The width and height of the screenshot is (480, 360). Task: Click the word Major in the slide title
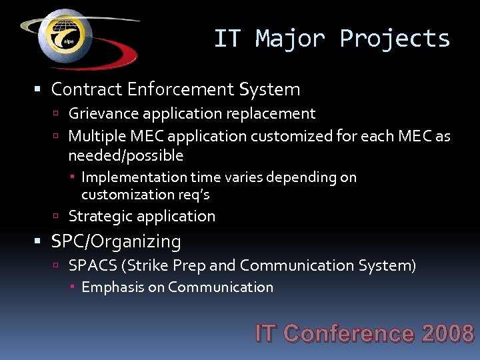[x=289, y=39]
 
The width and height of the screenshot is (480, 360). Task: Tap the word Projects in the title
[x=395, y=39]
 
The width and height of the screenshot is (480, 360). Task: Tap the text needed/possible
[x=125, y=155]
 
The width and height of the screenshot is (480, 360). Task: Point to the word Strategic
[x=99, y=216]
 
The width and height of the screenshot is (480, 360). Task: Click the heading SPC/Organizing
[x=116, y=241]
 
